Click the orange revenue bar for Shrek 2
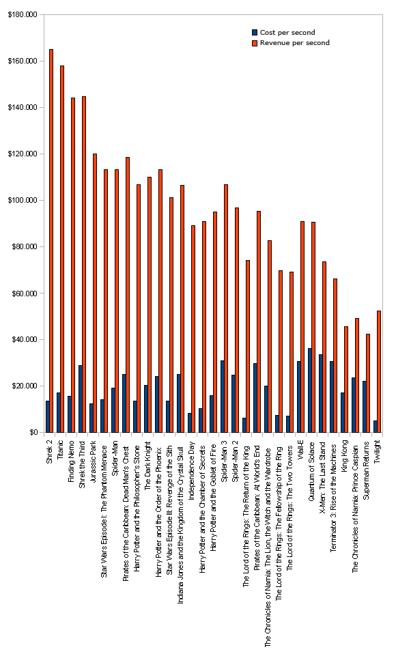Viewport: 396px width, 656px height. click(51, 240)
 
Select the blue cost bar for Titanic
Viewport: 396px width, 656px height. click(59, 412)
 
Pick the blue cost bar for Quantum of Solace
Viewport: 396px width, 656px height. click(310, 390)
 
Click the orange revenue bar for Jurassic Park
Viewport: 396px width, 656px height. click(95, 293)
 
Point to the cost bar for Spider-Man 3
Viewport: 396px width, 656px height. click(223, 397)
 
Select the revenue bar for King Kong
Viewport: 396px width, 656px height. click(346, 380)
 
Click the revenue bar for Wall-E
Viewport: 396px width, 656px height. click(302, 327)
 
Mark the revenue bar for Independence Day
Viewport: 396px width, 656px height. click(193, 329)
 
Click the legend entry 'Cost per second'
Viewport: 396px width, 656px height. click(283, 32)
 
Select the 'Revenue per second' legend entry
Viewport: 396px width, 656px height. click(290, 43)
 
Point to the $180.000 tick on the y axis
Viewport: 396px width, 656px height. click(23, 14)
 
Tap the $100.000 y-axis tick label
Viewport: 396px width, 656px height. click(23, 201)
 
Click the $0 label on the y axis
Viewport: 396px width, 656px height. click(33, 433)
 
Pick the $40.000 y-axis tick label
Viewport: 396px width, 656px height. click(25, 340)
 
